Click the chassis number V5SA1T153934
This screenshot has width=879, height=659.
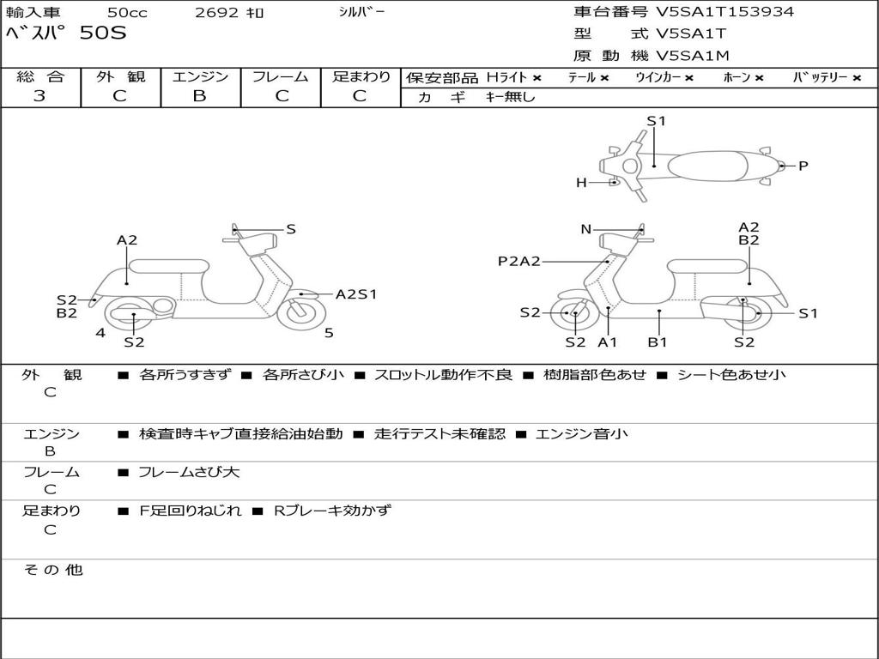[724, 12]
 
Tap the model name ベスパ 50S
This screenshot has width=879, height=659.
[65, 34]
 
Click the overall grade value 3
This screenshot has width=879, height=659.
[39, 96]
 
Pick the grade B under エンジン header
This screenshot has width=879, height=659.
[199, 96]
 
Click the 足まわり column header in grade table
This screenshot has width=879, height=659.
[361, 76]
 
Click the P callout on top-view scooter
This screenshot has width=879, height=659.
[803, 166]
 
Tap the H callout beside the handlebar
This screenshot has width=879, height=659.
[581, 182]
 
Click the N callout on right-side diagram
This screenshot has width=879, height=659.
[586, 229]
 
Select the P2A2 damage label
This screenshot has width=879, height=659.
[519, 261]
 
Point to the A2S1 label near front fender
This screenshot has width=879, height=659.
[355, 294]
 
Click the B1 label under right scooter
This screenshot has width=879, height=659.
[658, 342]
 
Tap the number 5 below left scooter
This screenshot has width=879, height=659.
[329, 333]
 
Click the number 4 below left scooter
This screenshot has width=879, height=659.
[100, 333]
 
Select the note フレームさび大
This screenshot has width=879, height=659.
[189, 472]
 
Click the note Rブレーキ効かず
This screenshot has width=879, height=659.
[331, 511]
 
